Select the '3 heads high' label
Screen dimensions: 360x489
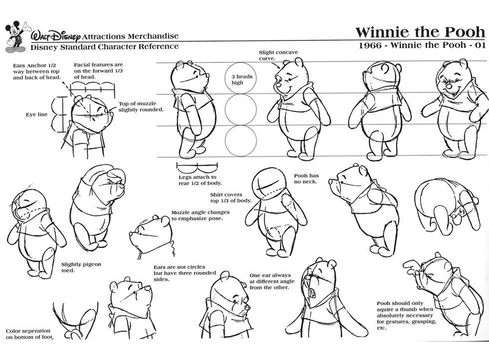[237, 79]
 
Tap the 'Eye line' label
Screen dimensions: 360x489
[36, 114]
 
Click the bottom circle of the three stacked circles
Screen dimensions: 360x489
[241, 140]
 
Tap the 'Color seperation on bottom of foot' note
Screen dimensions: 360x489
[29, 334]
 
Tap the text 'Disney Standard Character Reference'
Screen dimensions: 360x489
[104, 46]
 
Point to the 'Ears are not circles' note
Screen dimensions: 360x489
[179, 273]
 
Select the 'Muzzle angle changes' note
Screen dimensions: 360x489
[197, 215]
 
